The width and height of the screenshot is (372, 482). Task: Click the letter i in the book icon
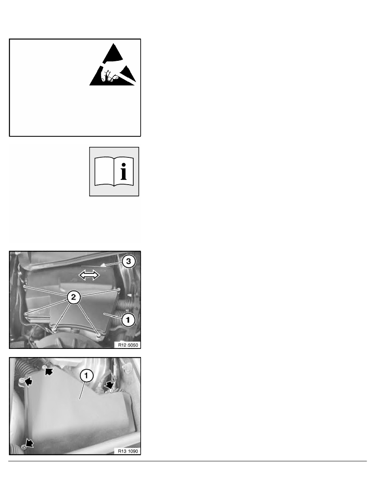pyautogui.click(x=123, y=172)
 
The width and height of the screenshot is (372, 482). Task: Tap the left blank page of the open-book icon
pyautogui.click(x=104, y=172)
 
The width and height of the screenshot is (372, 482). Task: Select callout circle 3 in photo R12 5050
pyautogui.click(x=128, y=261)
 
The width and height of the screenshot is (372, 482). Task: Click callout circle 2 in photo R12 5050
pyautogui.click(x=73, y=297)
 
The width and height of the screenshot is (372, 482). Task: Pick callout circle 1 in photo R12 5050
pyautogui.click(x=128, y=320)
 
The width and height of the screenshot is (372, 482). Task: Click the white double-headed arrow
pyautogui.click(x=89, y=275)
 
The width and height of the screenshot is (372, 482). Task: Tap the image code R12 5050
pyautogui.click(x=128, y=345)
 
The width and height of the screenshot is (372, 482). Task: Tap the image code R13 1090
pyautogui.click(x=128, y=451)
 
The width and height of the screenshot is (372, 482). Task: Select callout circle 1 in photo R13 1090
pyautogui.click(x=86, y=376)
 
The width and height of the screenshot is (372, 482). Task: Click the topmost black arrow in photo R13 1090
pyautogui.click(x=48, y=371)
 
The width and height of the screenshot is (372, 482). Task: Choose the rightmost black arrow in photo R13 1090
pyautogui.click(x=109, y=384)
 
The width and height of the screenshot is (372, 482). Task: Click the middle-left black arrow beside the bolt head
pyautogui.click(x=28, y=382)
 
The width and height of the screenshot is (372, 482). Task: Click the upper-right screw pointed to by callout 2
pyautogui.click(x=119, y=289)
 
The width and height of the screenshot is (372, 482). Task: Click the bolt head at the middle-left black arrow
pyautogui.click(x=21, y=381)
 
